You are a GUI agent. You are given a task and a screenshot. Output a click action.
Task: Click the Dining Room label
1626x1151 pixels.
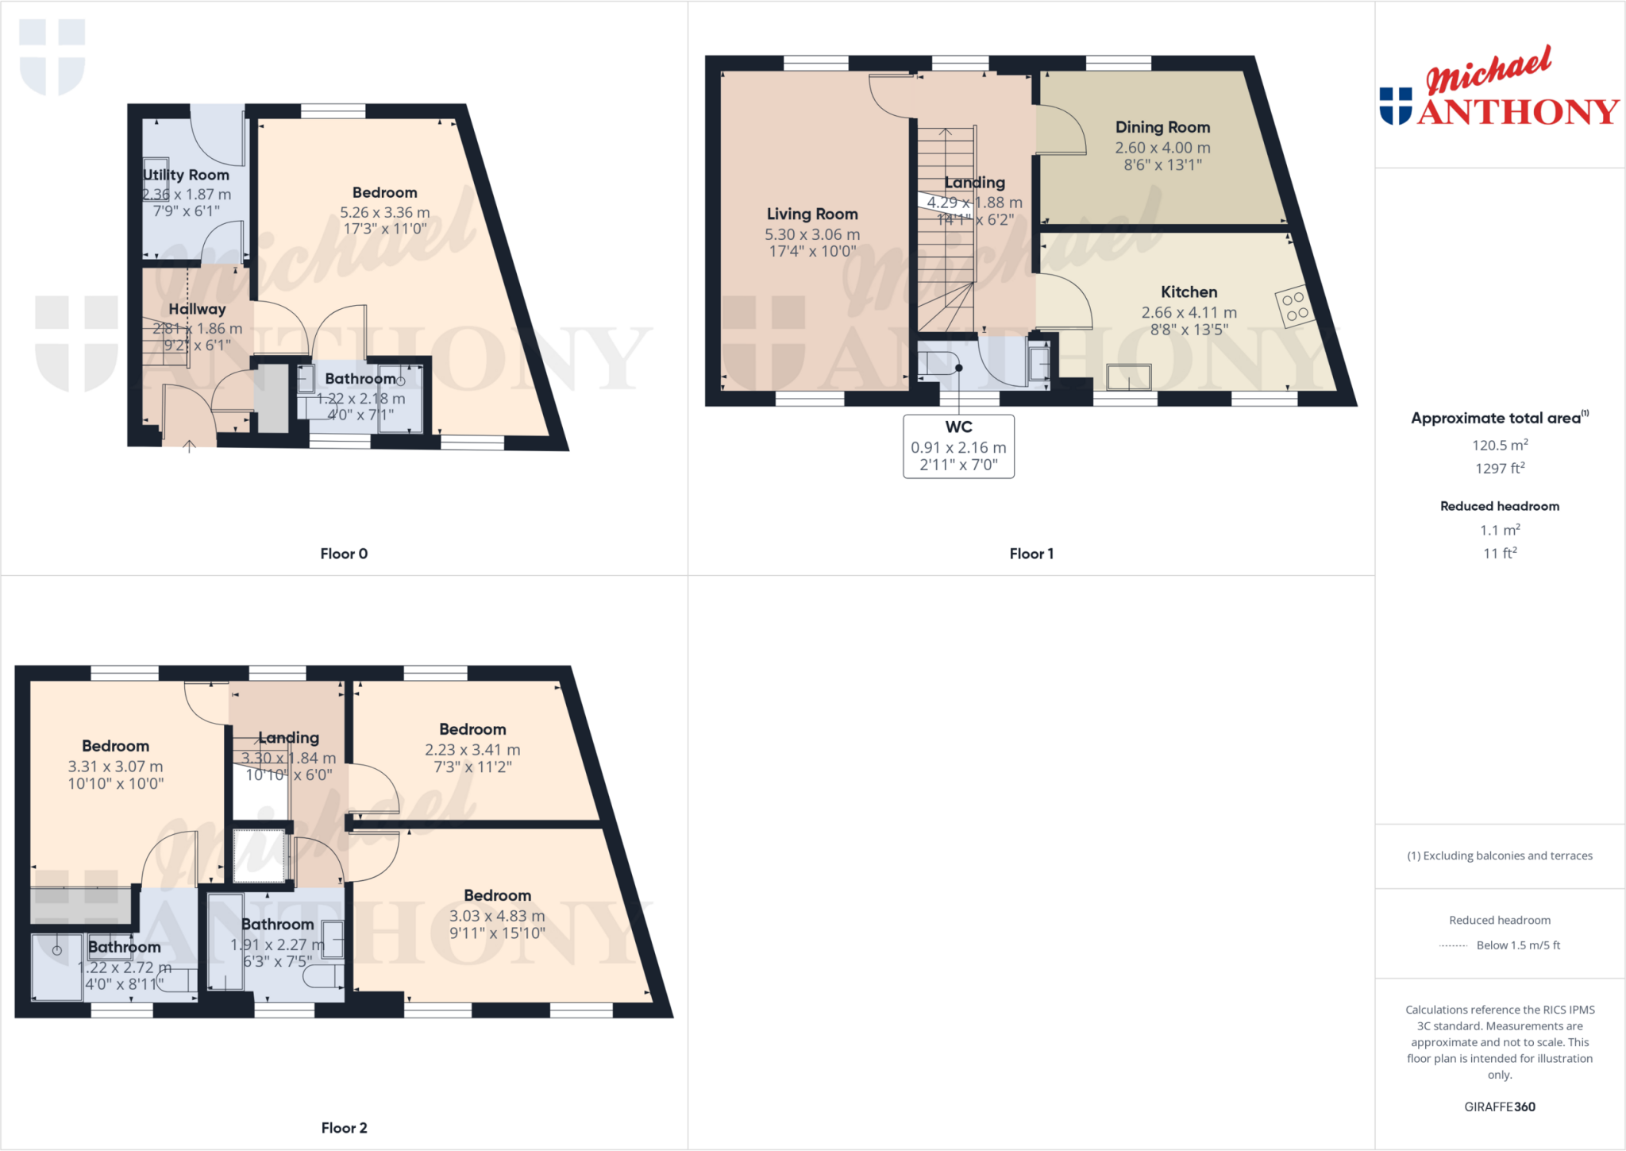click(x=1162, y=127)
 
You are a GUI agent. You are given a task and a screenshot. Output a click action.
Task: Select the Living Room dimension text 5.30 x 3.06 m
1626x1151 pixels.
click(x=811, y=234)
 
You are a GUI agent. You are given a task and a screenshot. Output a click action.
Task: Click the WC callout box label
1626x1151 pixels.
click(x=958, y=427)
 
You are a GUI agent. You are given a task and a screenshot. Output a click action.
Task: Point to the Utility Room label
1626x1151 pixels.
click(x=187, y=175)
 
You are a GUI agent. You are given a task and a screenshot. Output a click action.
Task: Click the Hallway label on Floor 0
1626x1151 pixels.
click(x=197, y=309)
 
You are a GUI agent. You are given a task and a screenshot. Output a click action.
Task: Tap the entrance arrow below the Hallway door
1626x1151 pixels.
click(x=189, y=446)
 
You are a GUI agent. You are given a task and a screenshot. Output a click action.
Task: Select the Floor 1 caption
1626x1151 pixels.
click(x=1031, y=554)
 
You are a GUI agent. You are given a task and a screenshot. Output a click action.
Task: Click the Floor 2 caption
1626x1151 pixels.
click(x=344, y=1128)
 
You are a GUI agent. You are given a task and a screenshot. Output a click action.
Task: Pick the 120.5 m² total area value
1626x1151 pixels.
click(x=1500, y=445)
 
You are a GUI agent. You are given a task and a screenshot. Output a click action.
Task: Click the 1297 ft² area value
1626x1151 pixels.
click(x=1500, y=469)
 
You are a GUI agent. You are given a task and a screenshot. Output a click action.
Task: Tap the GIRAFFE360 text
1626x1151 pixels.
click(x=1500, y=1107)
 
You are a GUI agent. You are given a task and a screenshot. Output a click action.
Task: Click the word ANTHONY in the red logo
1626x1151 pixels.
click(x=1518, y=112)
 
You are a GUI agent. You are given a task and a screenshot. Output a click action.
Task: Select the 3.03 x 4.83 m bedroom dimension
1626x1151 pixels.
click(x=497, y=916)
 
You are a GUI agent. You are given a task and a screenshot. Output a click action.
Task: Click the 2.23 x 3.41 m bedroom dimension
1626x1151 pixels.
click(x=472, y=750)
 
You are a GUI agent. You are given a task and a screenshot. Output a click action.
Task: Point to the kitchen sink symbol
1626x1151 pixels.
click(x=1128, y=377)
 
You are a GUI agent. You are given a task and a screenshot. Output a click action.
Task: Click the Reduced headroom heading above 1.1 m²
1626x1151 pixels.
click(x=1500, y=506)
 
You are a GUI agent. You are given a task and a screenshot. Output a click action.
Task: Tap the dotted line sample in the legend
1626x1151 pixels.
click(x=1453, y=945)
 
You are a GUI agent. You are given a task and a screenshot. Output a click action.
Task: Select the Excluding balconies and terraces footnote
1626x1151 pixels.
click(x=1500, y=856)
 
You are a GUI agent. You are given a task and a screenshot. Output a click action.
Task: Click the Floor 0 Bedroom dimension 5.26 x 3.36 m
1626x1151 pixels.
click(x=384, y=212)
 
